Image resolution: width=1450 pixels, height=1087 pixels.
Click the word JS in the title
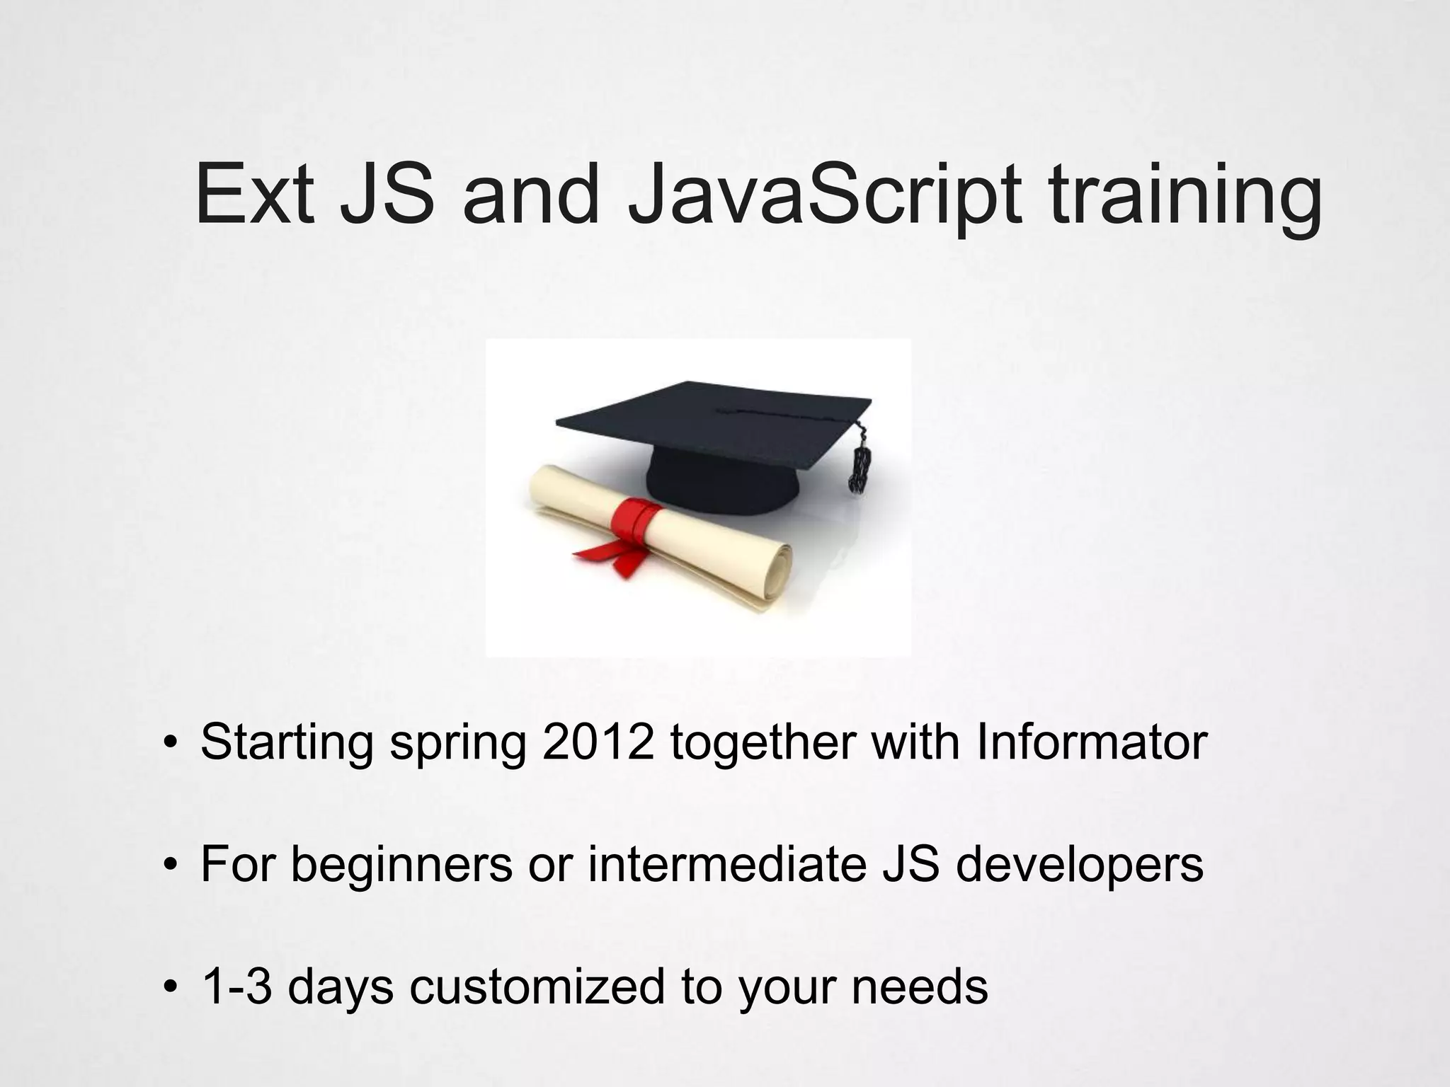[387, 195]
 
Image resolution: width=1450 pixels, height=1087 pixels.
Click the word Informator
[1091, 742]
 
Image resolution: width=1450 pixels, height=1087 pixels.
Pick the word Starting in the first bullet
[287, 742]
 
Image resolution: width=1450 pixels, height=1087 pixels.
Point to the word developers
[1079, 865]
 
